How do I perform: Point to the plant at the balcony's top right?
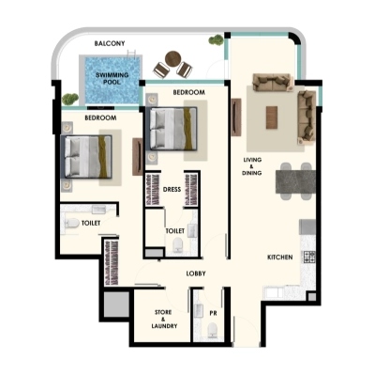[217, 42]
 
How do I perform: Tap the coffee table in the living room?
[273, 115]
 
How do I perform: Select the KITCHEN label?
[281, 257]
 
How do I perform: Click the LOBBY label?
[195, 273]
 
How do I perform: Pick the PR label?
[214, 313]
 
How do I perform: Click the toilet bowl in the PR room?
[213, 329]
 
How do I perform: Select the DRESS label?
[172, 189]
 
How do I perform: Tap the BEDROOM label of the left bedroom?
[100, 118]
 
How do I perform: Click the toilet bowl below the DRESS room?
[177, 245]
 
